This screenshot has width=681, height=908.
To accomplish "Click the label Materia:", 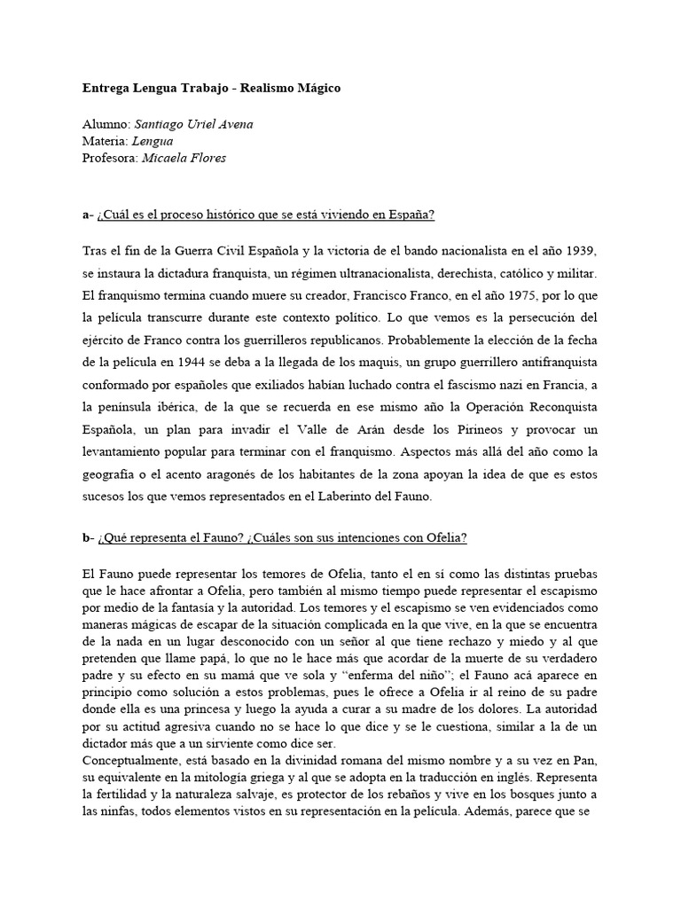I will click(103, 142).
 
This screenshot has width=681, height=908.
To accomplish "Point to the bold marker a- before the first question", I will click(87, 215).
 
